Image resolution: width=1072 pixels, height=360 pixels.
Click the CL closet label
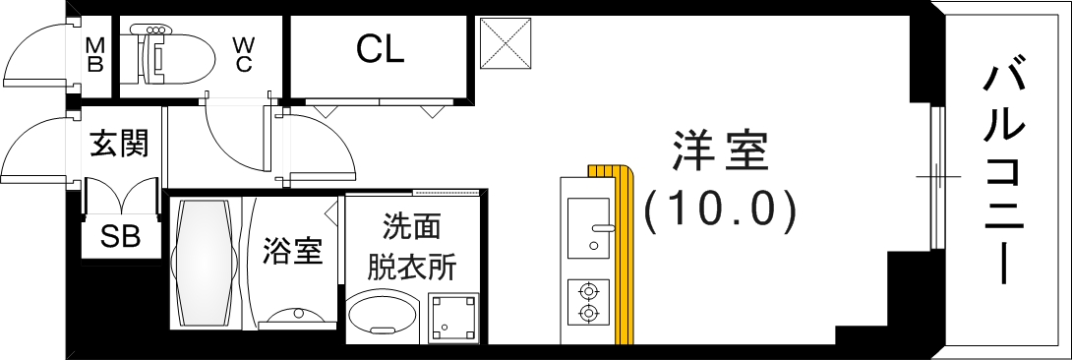[381, 48]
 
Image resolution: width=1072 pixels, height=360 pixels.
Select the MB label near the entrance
[95, 55]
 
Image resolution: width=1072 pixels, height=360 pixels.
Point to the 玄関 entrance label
[119, 145]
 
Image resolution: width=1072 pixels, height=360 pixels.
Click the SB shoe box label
[121, 237]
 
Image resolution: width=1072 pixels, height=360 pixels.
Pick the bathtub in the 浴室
[205, 264]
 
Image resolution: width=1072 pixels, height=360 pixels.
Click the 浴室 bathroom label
[292, 252]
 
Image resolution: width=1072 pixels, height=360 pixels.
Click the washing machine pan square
[453, 316]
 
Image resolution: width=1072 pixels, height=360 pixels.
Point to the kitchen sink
[588, 225]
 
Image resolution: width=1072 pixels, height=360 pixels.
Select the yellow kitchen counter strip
[622, 256]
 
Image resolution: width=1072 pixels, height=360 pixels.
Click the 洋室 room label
[719, 154]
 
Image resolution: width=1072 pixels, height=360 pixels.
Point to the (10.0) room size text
[719, 210]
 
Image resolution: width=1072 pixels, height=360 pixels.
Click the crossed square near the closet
[506, 43]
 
